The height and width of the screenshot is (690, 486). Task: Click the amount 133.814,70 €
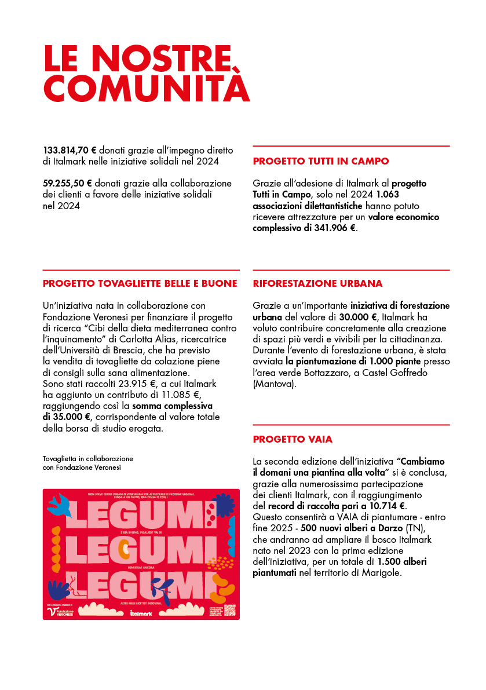click(70, 149)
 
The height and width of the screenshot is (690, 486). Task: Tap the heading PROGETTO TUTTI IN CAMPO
click(321, 161)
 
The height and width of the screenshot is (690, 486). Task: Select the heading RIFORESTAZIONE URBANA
click(317, 284)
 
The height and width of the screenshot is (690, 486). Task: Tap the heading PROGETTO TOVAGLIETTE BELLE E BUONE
click(140, 284)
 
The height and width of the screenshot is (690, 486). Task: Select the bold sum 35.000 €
click(67, 417)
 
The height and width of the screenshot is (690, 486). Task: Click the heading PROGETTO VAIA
click(293, 439)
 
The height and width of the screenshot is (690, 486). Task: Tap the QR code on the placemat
click(229, 609)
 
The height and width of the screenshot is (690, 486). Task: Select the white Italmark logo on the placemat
click(141, 612)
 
